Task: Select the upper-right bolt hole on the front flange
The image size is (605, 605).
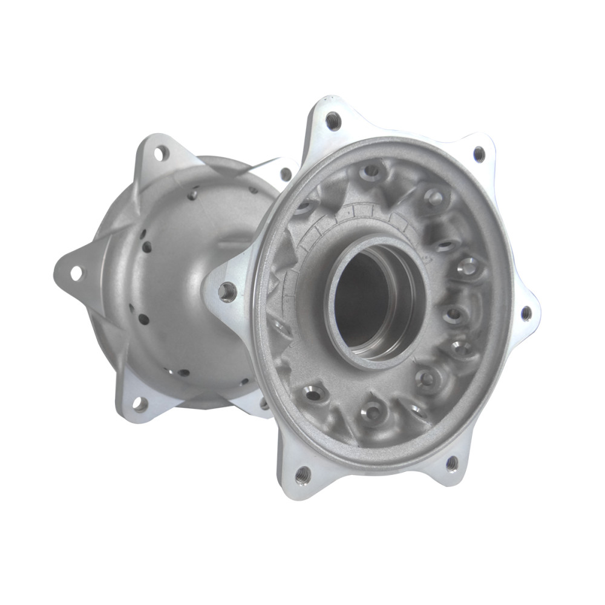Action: (x=479, y=154)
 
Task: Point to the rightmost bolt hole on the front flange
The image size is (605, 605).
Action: (x=526, y=313)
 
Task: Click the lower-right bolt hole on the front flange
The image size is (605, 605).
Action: (x=451, y=463)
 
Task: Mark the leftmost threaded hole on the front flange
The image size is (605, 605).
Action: (x=227, y=292)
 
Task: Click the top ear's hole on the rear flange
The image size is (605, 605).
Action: (x=161, y=153)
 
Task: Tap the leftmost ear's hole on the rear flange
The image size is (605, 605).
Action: (x=76, y=273)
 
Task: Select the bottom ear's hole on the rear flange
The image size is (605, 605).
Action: (x=140, y=404)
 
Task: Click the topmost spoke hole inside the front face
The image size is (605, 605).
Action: (x=371, y=172)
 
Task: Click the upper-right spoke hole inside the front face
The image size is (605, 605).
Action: (x=434, y=197)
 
